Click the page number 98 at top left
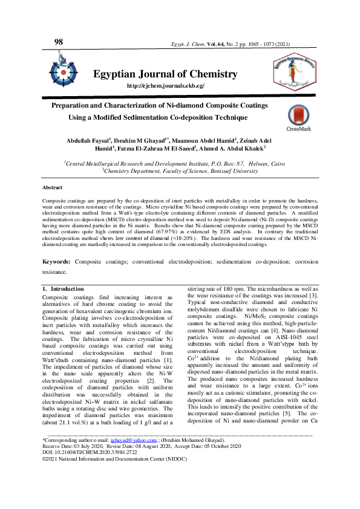click(59, 42)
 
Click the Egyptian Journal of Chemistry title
click(165, 74)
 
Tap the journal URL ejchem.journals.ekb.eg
click(165, 86)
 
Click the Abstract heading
click(52, 188)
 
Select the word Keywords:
click(56, 278)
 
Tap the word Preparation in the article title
click(74, 105)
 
